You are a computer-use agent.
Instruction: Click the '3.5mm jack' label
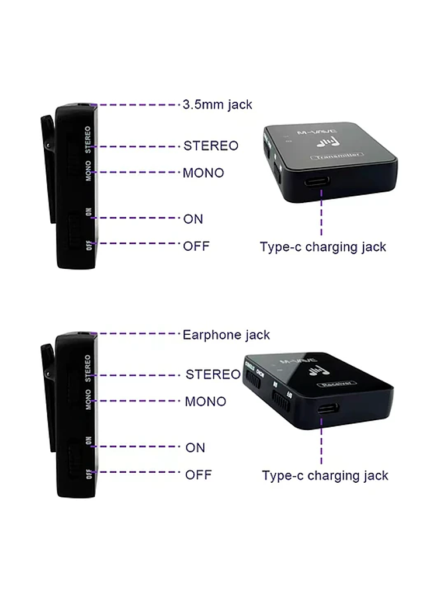(217, 105)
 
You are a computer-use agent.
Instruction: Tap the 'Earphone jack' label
(226, 335)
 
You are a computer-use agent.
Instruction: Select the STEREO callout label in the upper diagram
(211, 146)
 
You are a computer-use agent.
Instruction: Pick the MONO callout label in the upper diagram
(203, 173)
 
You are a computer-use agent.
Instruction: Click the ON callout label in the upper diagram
(193, 219)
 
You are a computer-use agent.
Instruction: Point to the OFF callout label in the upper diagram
(196, 246)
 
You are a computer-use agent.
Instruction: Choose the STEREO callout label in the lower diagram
(213, 374)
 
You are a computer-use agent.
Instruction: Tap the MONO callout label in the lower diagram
(205, 401)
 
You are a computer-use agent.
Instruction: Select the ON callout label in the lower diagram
(195, 448)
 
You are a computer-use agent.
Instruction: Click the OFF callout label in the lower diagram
(198, 475)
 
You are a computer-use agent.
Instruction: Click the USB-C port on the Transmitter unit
(320, 182)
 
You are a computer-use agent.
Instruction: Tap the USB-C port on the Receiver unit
(326, 408)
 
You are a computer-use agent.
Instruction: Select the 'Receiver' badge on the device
(336, 384)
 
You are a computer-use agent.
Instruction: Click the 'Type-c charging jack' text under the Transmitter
(322, 247)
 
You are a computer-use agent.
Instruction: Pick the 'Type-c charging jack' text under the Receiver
(325, 475)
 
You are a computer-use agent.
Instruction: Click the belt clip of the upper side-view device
(49, 169)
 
